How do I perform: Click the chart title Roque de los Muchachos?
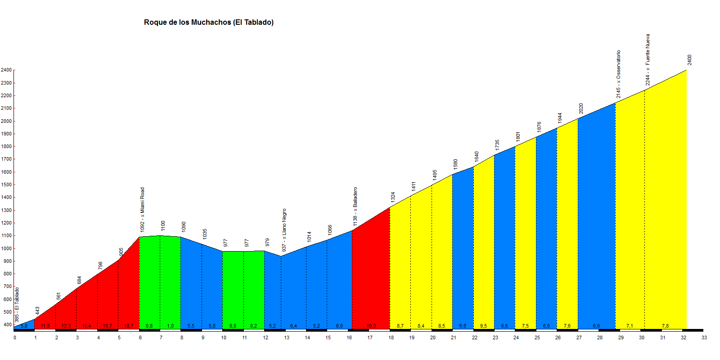[208, 22]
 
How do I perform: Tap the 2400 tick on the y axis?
[6, 70]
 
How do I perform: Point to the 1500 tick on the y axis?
[6, 184]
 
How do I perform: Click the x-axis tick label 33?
[704, 337]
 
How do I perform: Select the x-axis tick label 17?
[370, 337]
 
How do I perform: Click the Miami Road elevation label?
[142, 210]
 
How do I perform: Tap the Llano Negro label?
[284, 230]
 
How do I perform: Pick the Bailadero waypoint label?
[355, 207]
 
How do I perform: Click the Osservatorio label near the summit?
[618, 74]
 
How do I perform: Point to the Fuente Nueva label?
[648, 59]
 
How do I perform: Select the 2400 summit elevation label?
[689, 60]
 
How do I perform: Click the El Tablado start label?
[17, 305]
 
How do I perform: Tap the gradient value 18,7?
[129, 326]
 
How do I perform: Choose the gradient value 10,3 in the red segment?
[371, 326]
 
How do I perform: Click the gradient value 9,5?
[484, 326]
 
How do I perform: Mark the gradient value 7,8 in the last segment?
[666, 326]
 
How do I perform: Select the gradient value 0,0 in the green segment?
[233, 326]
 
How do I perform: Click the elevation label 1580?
[455, 164]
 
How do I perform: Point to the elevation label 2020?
[581, 108]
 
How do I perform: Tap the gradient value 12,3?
[66, 326]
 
